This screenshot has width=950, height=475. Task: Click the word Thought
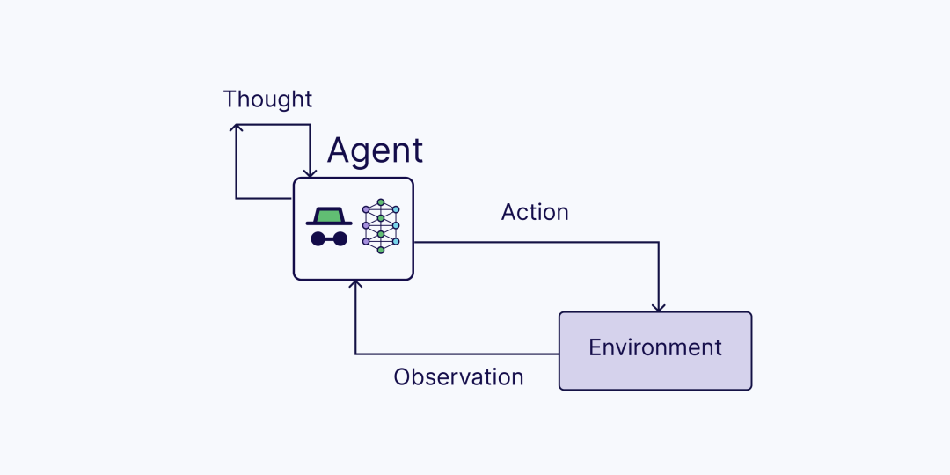coord(267,99)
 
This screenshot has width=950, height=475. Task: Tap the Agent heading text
coord(375,151)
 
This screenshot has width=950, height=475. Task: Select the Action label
coord(535,212)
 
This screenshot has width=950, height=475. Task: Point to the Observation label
coord(458,377)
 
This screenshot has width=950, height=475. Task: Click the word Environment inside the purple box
coord(655,347)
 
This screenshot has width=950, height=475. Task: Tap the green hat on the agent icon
coord(329,216)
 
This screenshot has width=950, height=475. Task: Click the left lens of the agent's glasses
coord(318,238)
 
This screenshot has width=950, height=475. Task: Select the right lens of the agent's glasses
coord(340,238)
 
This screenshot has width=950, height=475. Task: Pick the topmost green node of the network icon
coord(381,202)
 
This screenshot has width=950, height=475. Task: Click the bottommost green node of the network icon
coord(381,250)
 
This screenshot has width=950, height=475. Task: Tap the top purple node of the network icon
coord(366,209)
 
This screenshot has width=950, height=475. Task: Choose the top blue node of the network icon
coord(396,209)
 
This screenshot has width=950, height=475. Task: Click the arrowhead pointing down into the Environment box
coord(659,308)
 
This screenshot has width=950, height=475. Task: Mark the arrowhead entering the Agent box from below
coord(355,284)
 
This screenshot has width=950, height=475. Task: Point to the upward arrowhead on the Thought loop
coord(236,128)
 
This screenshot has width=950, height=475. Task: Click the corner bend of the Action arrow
coord(659,243)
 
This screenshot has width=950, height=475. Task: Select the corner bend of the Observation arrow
coord(355,354)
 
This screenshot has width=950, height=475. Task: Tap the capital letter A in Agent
coord(340,151)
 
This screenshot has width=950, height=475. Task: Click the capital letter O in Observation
coord(402,377)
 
